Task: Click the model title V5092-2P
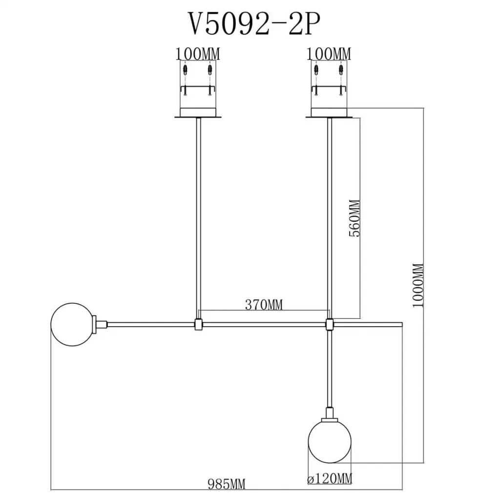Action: tap(254, 24)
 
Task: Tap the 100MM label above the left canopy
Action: tap(198, 54)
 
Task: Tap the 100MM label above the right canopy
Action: tap(329, 54)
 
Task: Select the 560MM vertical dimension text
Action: tap(354, 218)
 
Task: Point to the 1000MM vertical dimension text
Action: tap(418, 285)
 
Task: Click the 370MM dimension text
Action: tap(264, 305)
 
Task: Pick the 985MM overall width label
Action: tap(227, 484)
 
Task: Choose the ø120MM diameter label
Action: tap(330, 479)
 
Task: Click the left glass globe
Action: tap(72, 325)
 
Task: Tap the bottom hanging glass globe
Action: tap(330, 441)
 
